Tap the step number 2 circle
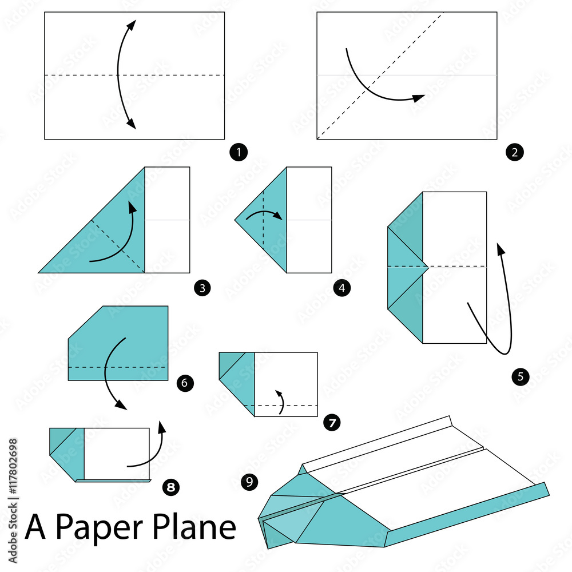click(514, 152)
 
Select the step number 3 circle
click(202, 288)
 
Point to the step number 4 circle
click(341, 288)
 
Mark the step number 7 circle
click(331, 423)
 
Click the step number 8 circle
click(170, 487)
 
